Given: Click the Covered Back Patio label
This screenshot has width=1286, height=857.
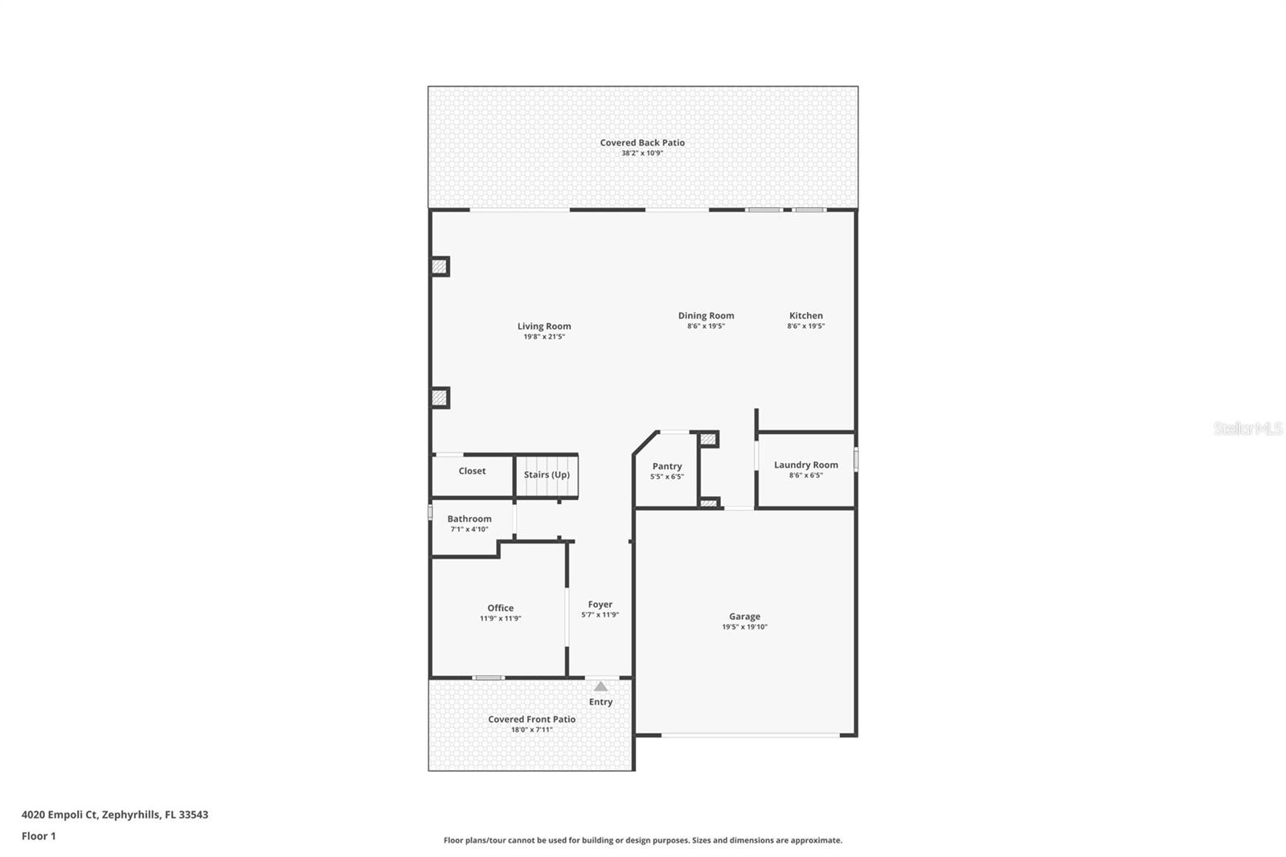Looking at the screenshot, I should pos(642,142).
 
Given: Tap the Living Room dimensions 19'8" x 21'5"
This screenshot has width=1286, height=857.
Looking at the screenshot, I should pos(544,337).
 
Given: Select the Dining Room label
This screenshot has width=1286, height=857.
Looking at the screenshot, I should pos(706,316).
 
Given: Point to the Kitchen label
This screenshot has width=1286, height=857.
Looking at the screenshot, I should pos(805,316).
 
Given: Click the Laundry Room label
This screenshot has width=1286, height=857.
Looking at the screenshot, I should pos(805,465).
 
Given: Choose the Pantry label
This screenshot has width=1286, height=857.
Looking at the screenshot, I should pos(666,466).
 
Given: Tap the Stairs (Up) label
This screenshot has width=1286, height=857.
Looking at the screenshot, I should pos(547,474).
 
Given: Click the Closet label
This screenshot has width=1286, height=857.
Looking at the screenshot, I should pos(472,471).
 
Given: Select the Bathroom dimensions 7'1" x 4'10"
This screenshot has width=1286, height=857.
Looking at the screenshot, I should pos(469,529).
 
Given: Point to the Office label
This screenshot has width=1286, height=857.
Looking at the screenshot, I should pos(500,608).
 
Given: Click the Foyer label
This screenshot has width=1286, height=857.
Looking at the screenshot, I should pos(600,605).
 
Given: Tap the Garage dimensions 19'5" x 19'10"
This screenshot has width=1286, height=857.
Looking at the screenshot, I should pos(744,627).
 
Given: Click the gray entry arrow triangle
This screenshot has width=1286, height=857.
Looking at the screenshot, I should pos(600,687).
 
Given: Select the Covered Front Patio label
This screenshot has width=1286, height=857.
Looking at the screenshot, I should pos(531,720).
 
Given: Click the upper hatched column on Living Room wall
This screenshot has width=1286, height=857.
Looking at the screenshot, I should pos(439,267).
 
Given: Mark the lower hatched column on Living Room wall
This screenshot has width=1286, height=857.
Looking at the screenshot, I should pos(439,397).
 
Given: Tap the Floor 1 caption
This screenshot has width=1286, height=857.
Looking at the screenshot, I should pos(39,836).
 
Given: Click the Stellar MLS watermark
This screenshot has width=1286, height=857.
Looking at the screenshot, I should pos(1247,429).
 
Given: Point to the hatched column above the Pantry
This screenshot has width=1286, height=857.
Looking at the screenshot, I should pos(707,439).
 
